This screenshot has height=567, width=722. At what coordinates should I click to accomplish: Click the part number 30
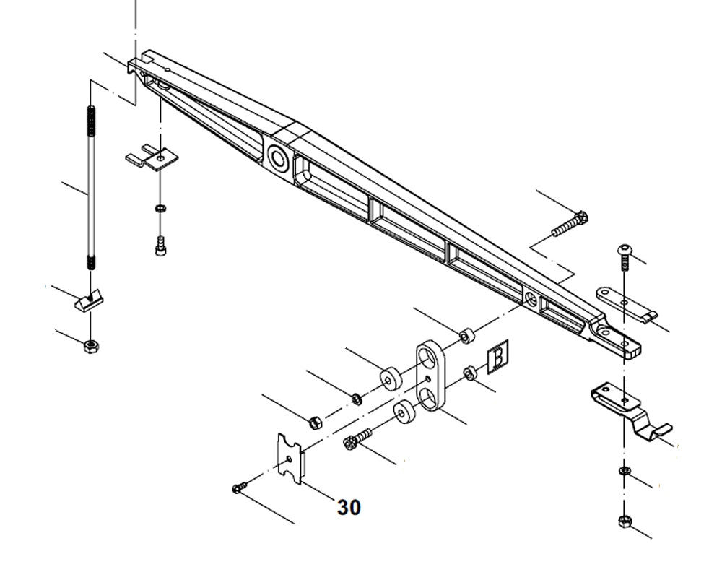click(x=349, y=508)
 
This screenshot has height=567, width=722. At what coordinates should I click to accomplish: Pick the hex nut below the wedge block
click(x=91, y=346)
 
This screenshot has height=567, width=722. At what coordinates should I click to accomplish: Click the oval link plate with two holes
click(x=431, y=376)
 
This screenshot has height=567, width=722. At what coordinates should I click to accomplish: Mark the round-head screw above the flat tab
click(x=625, y=255)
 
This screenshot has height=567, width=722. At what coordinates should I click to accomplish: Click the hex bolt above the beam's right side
click(x=570, y=223)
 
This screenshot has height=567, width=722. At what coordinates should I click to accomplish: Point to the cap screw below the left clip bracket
click(x=160, y=246)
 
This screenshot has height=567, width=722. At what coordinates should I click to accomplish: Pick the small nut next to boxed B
click(x=469, y=373)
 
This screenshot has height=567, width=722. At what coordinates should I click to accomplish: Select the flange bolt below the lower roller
click(x=357, y=438)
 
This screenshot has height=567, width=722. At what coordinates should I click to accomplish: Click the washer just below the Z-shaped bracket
click(x=625, y=472)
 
